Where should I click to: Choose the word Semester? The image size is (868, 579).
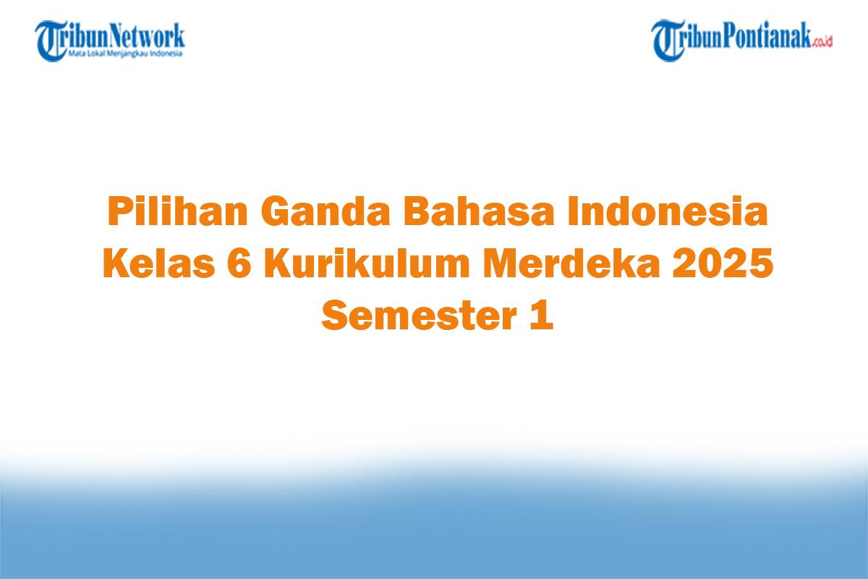coord(412,317)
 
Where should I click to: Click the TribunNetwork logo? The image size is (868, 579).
coord(110,39)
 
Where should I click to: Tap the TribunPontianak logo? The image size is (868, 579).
coord(741,39)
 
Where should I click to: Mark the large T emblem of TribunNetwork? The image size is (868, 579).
coord(50,39)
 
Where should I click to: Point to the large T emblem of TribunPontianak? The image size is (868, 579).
coord(667,39)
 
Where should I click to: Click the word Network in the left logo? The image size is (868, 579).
coord(148,35)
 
